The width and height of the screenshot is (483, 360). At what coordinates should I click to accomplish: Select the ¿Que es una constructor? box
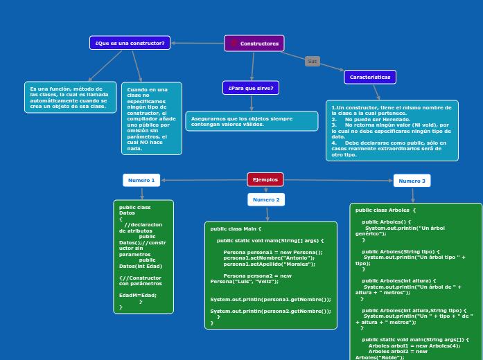(x=130, y=43)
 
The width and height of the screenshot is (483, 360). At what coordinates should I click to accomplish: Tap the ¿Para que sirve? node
(x=251, y=88)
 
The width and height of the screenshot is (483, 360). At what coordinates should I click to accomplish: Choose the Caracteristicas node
(x=370, y=77)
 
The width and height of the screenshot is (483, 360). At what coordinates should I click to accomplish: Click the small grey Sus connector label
(x=313, y=62)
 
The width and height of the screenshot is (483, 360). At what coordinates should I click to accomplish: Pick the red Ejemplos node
(x=265, y=179)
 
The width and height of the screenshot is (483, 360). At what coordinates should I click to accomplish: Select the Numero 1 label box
(x=141, y=180)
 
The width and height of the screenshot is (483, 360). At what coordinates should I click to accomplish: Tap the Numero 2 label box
(x=266, y=199)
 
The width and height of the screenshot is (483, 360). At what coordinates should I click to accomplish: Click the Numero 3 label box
(x=412, y=181)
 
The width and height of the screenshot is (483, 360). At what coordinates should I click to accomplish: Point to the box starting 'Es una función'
(x=70, y=97)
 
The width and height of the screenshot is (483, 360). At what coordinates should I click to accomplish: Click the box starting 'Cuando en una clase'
(x=152, y=118)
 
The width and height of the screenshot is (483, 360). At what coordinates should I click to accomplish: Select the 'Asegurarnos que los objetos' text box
(x=252, y=121)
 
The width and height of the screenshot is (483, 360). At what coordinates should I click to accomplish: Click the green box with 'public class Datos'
(x=143, y=256)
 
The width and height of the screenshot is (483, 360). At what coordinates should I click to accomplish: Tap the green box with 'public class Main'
(x=271, y=276)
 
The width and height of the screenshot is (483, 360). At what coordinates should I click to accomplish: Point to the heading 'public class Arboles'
(x=385, y=209)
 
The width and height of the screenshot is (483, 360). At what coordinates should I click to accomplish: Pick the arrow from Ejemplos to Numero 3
(x=338, y=180)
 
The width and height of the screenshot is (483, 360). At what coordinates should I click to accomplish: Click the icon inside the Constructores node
(x=234, y=44)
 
